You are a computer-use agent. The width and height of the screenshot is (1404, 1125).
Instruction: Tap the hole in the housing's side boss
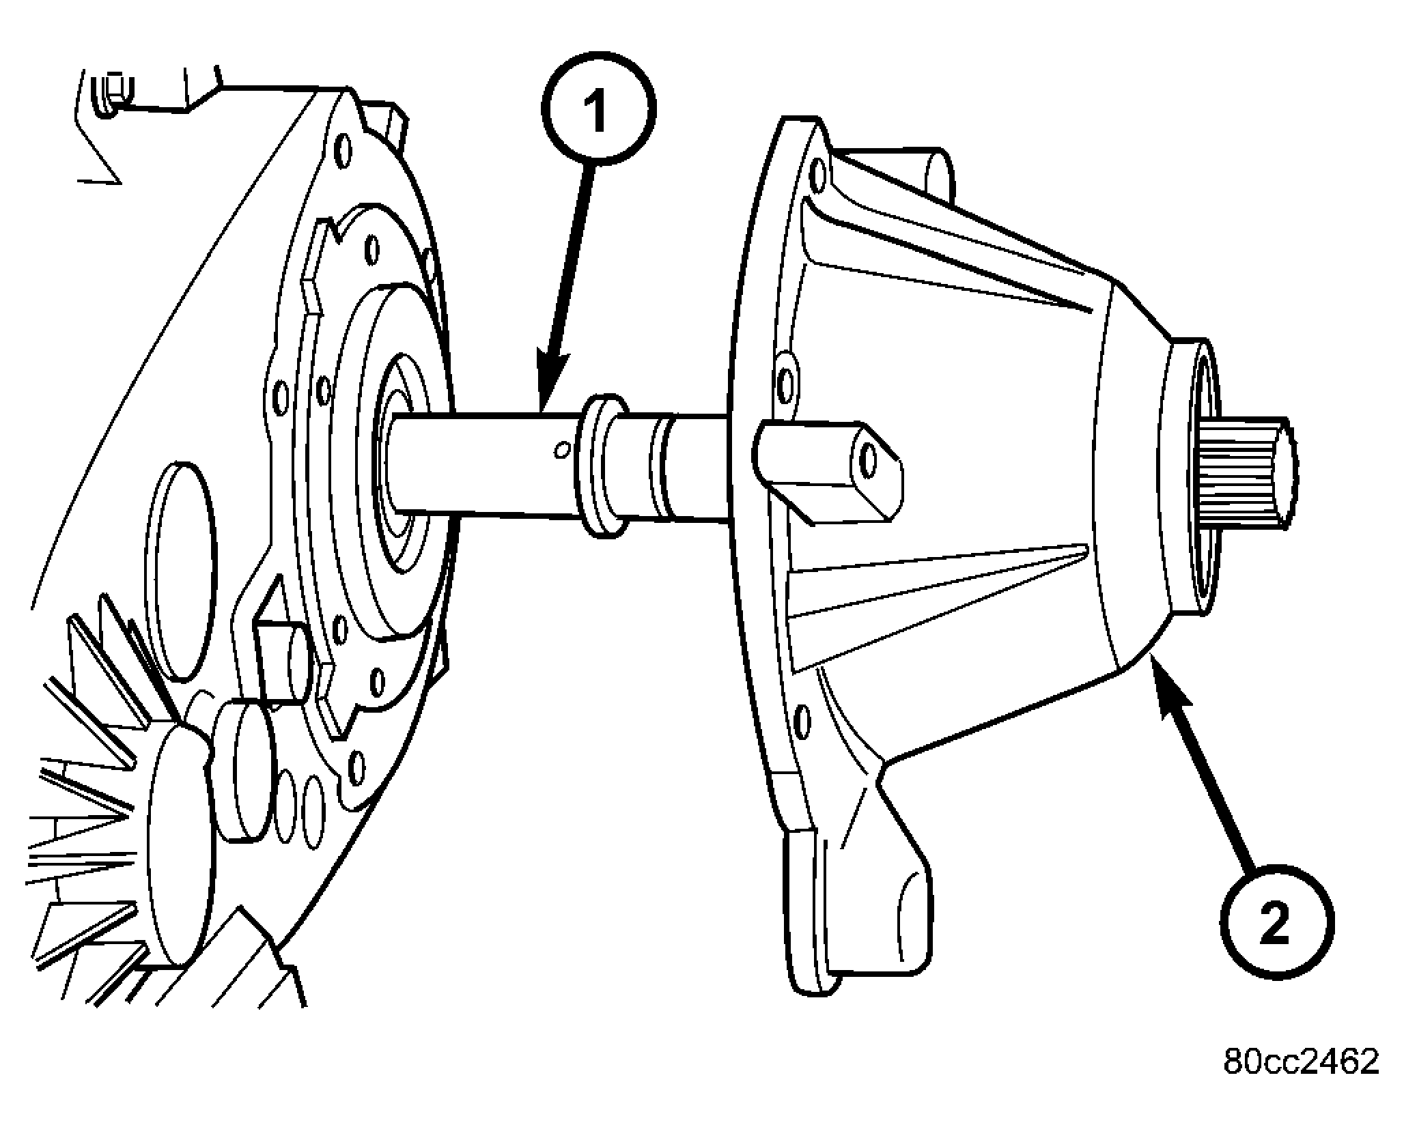click(869, 461)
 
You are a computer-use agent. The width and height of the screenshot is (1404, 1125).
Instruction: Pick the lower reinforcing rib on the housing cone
click(936, 601)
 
